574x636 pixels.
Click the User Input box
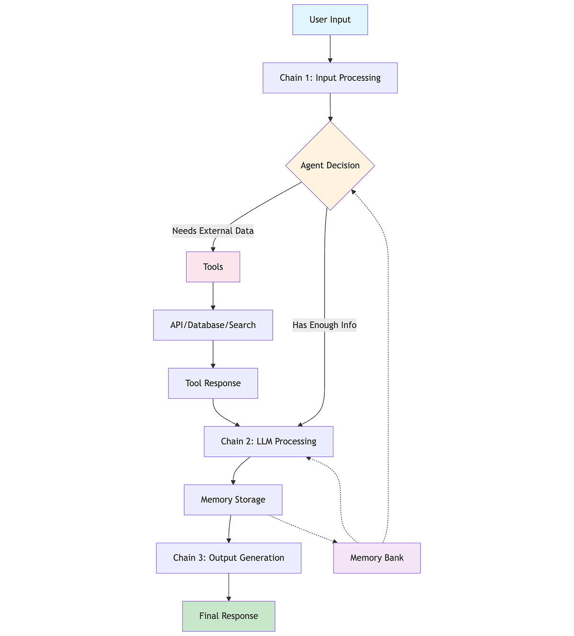pyautogui.click(x=330, y=20)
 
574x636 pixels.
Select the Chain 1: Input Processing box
pyautogui.click(x=330, y=77)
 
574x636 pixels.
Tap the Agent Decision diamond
pyautogui.click(x=330, y=165)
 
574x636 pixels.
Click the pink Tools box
pyautogui.click(x=213, y=267)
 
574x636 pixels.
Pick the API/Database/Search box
pyautogui.click(x=213, y=325)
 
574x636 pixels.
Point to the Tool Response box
pyautogui.click(x=213, y=383)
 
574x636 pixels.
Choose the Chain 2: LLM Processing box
pyautogui.click(x=268, y=441)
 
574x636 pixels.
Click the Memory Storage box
pyautogui.click(x=233, y=500)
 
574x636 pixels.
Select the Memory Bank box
pyautogui.click(x=377, y=558)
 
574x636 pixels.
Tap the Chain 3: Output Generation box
pyautogui.click(x=229, y=558)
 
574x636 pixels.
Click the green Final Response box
pyautogui.click(x=229, y=616)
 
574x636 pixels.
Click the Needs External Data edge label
pyautogui.click(x=213, y=231)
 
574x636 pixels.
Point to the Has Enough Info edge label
pyautogui.click(x=324, y=325)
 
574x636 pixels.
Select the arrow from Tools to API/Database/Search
pyautogui.click(x=213, y=296)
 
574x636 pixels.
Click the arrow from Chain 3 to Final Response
pyautogui.click(x=229, y=587)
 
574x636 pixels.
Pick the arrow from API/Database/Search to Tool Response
pyautogui.click(x=213, y=354)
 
